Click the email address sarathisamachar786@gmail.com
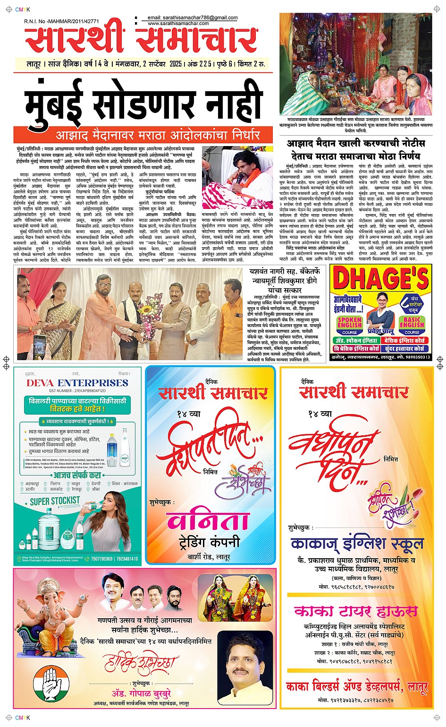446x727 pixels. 192,18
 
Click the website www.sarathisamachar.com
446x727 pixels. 178,23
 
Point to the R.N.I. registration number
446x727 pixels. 62,21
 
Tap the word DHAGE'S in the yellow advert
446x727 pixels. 380,279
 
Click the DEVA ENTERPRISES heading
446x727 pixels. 77,383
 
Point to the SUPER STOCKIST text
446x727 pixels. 55,501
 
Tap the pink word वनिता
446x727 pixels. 208,521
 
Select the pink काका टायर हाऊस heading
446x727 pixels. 355,611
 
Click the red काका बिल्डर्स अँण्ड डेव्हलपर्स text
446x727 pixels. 357,686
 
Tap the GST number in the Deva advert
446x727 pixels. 77,391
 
